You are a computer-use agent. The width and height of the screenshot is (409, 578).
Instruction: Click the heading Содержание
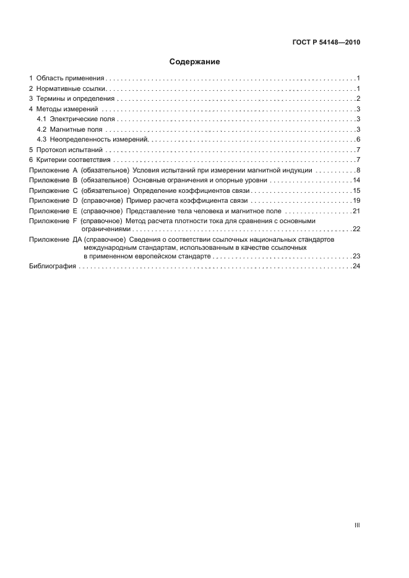coord(195,62)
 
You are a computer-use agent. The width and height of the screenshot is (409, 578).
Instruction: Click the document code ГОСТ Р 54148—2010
coord(326,43)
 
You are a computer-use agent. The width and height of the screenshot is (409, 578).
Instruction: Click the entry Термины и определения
coord(75,99)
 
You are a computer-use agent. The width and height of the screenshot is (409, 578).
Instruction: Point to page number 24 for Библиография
coord(356,266)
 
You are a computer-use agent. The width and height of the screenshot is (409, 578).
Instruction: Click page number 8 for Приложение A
coord(358,170)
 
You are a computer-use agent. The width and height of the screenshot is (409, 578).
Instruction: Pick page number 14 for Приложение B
coord(356,181)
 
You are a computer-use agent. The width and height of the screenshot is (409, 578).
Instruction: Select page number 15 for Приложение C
coord(356,190)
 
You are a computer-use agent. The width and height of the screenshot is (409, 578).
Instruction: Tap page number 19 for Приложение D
coord(356,201)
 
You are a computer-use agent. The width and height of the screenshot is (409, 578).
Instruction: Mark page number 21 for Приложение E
coord(356,211)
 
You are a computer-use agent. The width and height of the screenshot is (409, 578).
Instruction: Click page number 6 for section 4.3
coord(358,140)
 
